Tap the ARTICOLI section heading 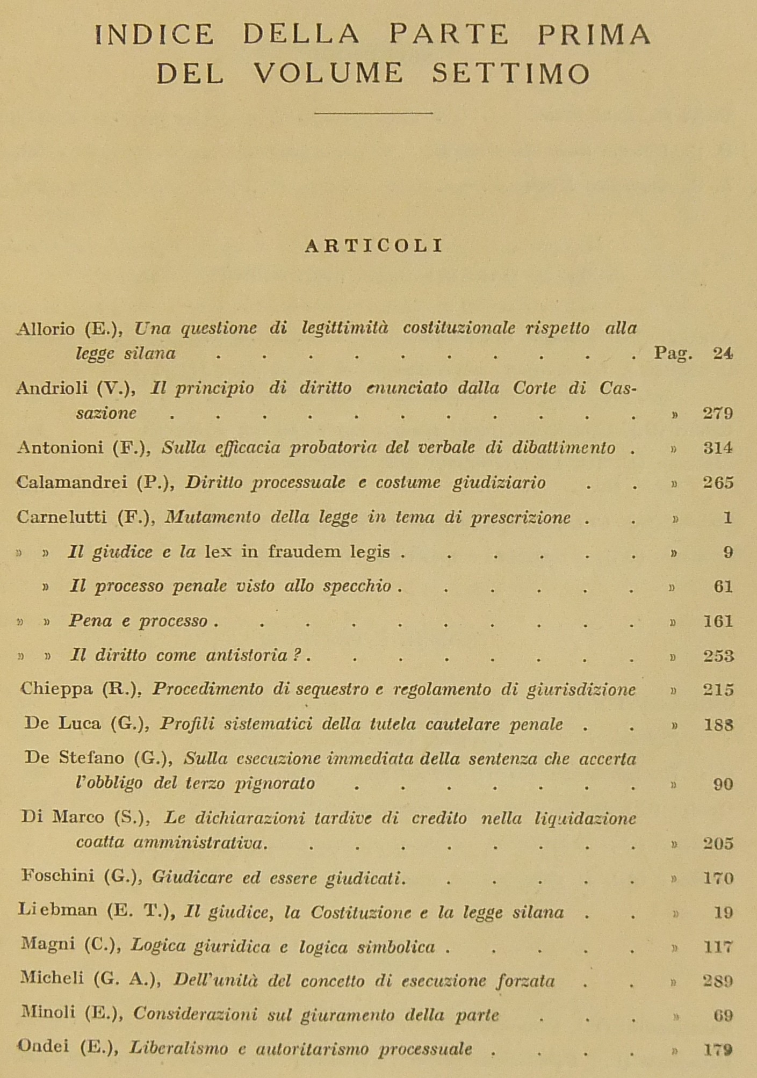coord(374,245)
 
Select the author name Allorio coord(46,328)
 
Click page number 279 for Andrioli coord(718,413)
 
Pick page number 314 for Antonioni coord(718,447)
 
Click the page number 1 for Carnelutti coord(727,517)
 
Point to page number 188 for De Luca coord(718,725)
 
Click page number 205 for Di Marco coord(718,843)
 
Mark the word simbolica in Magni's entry coord(398,946)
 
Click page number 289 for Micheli coord(718,981)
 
